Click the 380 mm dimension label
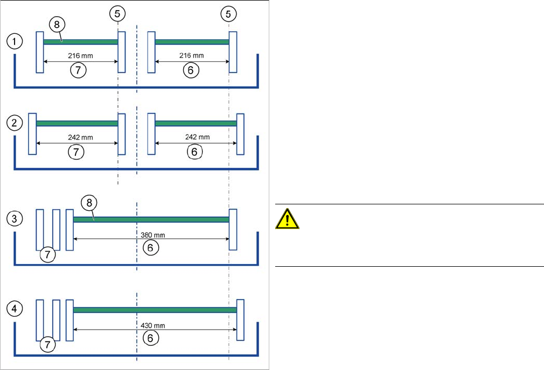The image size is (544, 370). [151, 235]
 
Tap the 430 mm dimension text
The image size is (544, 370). [151, 325]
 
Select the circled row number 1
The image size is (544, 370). [14, 41]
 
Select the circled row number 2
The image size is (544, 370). [14, 123]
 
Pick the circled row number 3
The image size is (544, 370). [14, 219]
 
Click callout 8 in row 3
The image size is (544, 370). [88, 203]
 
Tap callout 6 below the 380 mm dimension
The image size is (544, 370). [151, 247]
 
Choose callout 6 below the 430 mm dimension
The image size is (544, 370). [151, 338]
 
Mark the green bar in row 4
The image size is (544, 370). [155, 310]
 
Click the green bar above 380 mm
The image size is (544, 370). [151, 219]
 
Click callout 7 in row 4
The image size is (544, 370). [47, 345]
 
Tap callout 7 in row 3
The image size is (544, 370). [47, 255]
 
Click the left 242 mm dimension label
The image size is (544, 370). [81, 137]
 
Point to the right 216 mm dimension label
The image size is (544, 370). [192, 55]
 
